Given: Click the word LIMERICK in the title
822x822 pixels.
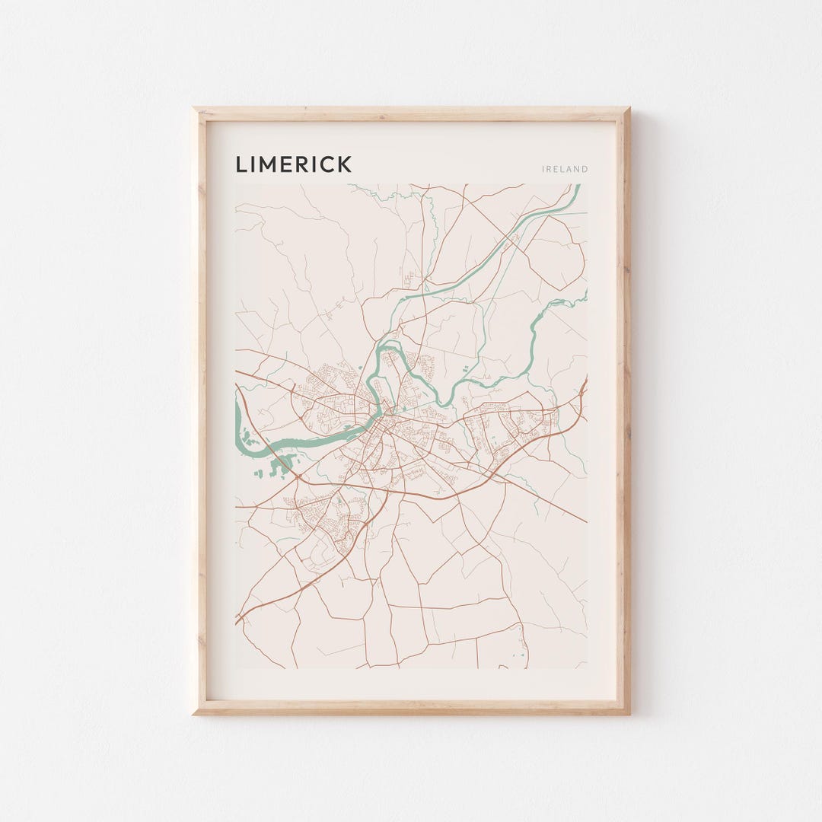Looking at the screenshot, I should coord(293,164).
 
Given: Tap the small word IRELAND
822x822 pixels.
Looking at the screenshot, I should coord(565,169).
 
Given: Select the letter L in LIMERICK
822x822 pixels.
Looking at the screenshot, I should coord(241,164).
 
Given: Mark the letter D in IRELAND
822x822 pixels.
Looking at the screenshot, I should coord(585,169).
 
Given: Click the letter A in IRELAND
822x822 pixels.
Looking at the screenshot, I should coord(569,169).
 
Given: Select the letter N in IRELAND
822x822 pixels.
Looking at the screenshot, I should coord(577,169).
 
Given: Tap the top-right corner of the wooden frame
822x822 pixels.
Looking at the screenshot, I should coord(628,110).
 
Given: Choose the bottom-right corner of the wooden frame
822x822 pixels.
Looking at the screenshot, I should coord(628,712).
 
